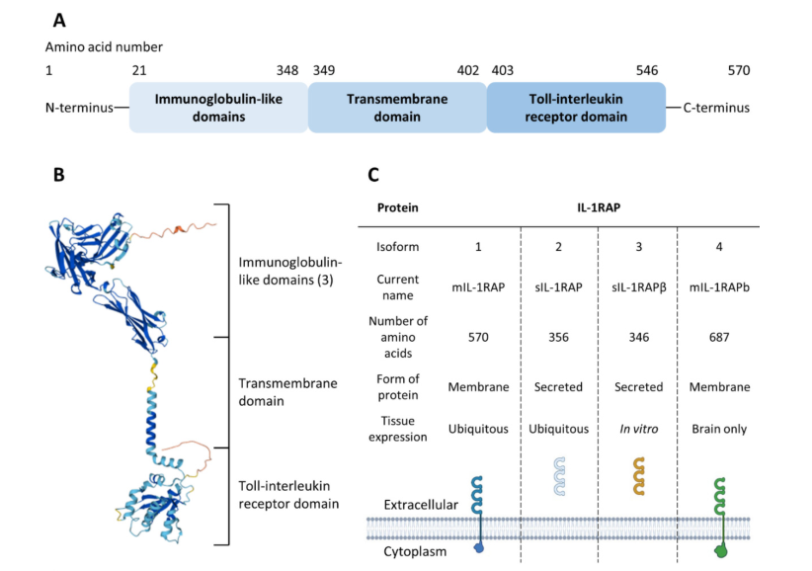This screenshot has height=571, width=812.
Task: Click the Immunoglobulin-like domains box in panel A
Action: [218, 108]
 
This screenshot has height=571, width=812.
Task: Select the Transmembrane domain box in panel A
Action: [397, 108]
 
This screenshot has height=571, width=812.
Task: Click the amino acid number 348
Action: [287, 70]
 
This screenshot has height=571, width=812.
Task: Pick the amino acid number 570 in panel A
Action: [739, 70]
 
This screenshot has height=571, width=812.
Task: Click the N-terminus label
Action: [79, 108]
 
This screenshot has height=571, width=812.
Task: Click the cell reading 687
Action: [718, 337]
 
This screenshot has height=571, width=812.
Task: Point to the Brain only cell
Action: [718, 428]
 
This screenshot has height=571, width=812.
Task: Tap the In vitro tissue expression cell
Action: [638, 428]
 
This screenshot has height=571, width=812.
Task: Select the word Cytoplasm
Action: [415, 551]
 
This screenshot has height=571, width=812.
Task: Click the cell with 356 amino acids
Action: [559, 337]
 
